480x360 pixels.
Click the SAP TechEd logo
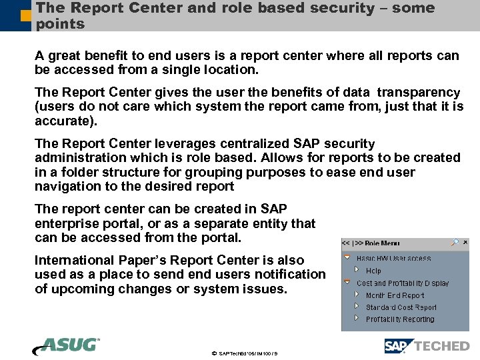coord(427,345)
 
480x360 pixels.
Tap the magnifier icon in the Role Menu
coord(454,243)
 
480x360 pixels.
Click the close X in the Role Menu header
coord(465,243)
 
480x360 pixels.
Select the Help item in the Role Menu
coord(373,271)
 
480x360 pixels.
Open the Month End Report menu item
coord(395,295)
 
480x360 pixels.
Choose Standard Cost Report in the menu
coord(401,307)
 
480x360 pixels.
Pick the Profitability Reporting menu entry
coord(399,319)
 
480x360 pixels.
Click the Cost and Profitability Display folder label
coord(402,283)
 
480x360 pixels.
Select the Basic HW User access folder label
coord(393,259)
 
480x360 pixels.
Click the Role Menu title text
coord(382,243)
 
